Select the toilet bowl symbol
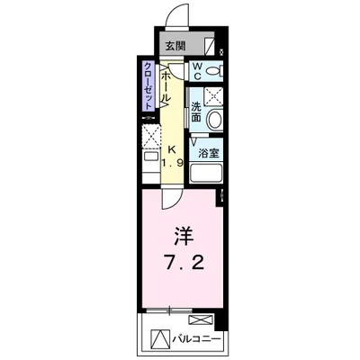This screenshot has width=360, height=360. [214, 71]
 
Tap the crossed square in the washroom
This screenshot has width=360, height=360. [213, 96]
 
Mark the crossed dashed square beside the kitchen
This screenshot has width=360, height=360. [149, 137]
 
